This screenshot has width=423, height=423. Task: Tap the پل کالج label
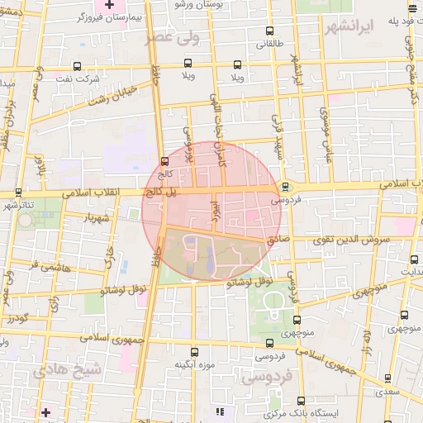click(163, 191)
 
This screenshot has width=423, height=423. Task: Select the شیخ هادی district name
click(69, 370)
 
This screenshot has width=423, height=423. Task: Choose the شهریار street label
click(97, 217)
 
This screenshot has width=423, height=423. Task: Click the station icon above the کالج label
click(164, 161)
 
